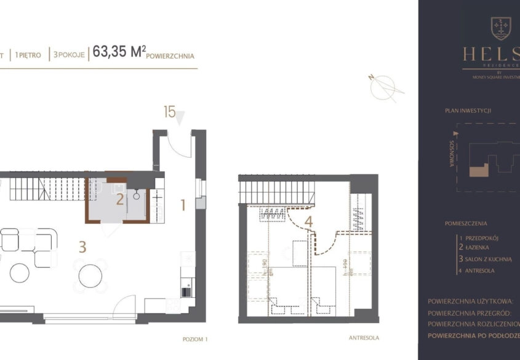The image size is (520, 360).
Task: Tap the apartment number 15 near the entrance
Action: tap(169, 112)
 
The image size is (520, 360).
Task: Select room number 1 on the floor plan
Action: tap(183, 206)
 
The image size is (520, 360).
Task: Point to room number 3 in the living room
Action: tap(82, 247)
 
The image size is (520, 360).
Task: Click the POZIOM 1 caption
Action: tap(196, 338)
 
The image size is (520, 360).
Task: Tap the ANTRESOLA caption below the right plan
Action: tap(364, 338)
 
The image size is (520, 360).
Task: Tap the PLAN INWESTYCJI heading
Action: tap(468, 111)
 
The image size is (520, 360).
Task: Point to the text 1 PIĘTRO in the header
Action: tap(30, 55)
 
